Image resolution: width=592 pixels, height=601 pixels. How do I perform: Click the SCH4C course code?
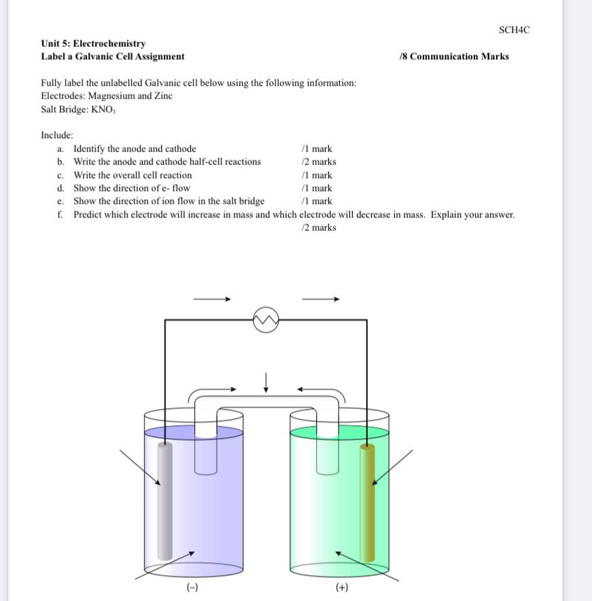coord(513,30)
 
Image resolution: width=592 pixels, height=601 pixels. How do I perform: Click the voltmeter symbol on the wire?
coord(266,320)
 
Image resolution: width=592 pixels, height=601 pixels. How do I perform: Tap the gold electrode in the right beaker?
coord(367,503)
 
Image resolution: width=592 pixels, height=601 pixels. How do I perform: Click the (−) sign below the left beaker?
coord(193,587)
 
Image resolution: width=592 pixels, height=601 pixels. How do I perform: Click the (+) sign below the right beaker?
coord(342,587)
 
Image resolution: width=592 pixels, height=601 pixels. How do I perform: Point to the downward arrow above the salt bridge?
coord(266,382)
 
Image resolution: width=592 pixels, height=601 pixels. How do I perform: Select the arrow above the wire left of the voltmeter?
coord(212,298)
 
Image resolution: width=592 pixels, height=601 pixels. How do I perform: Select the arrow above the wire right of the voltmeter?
coord(320,298)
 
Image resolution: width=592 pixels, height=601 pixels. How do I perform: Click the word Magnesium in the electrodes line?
coord(111,96)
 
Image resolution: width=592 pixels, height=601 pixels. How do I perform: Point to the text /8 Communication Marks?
coord(454,56)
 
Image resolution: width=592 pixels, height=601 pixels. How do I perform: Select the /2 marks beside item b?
coord(318,162)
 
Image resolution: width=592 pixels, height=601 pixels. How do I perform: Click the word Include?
coord(56,135)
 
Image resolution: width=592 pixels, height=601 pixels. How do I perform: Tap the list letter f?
coord(60,215)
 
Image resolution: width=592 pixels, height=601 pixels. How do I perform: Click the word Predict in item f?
coord(88,215)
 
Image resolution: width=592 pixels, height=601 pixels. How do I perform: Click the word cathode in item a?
coord(180,149)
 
